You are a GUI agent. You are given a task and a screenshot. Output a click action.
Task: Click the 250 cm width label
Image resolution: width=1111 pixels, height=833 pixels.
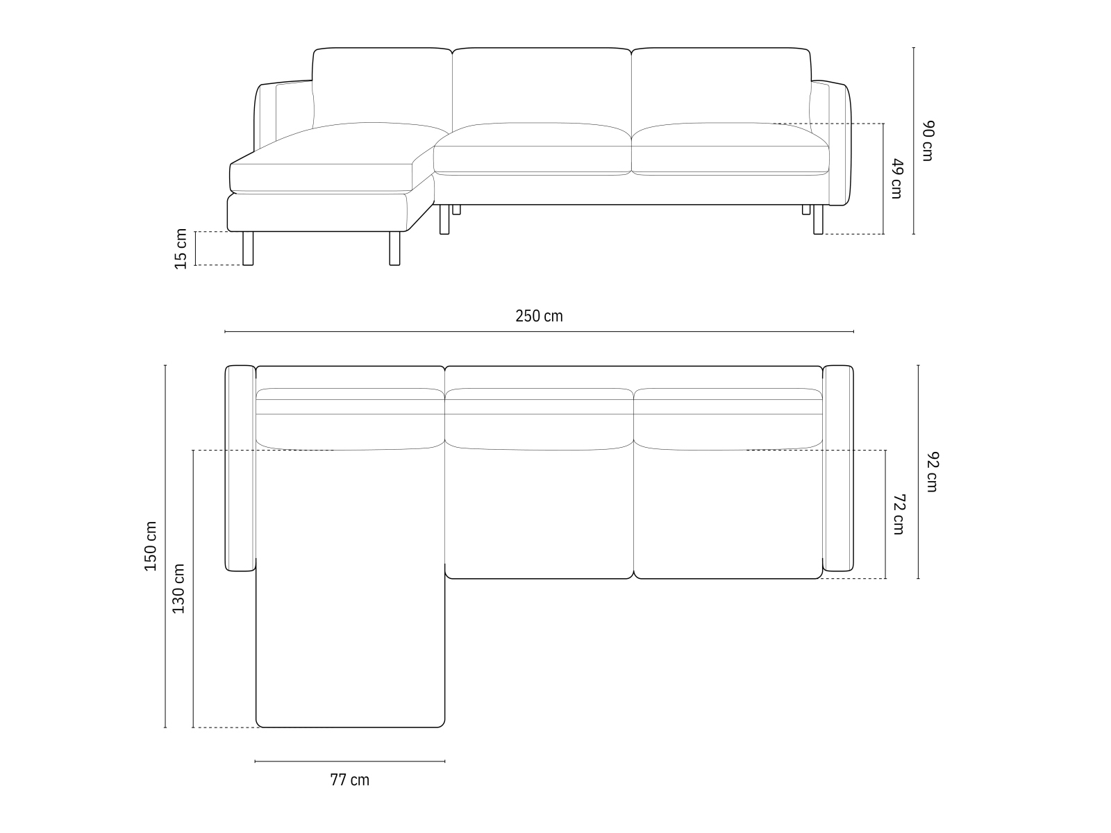[x=539, y=317]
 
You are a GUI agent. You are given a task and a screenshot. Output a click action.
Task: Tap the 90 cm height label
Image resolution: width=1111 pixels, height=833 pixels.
[x=928, y=141]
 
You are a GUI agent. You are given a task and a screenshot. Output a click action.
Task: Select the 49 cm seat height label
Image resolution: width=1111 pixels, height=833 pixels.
[x=896, y=178]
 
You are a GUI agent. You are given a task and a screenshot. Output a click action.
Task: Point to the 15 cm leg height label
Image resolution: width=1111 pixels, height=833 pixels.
[x=181, y=248]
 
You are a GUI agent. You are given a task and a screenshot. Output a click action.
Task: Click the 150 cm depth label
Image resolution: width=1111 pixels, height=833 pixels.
[x=150, y=546]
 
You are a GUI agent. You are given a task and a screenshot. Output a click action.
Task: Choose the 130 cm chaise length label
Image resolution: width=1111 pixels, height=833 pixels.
[x=178, y=588]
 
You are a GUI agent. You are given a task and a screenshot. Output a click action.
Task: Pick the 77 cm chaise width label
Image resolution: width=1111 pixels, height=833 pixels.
[x=349, y=780]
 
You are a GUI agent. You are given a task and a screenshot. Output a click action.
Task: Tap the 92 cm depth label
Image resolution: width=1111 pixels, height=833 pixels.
[x=932, y=472]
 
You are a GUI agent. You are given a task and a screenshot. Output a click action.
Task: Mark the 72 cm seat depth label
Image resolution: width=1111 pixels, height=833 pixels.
[x=899, y=514]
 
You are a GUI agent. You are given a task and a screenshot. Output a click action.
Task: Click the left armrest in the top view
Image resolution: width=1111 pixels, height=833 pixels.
[x=240, y=468]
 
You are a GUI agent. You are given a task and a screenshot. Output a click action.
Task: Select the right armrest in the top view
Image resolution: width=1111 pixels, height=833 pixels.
[x=838, y=468]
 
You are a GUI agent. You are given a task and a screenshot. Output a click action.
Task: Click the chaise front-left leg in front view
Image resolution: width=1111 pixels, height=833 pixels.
[x=248, y=249]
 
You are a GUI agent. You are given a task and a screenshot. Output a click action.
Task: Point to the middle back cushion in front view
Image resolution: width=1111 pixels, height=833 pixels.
[x=542, y=87]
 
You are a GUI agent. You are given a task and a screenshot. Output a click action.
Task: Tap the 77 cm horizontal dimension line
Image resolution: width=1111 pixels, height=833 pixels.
[x=349, y=762]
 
